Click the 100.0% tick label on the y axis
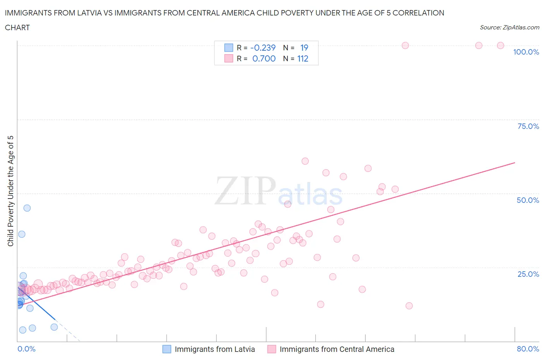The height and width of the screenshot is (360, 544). [526, 52]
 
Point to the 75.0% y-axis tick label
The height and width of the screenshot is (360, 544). [528, 126]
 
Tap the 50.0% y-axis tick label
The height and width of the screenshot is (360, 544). [528, 200]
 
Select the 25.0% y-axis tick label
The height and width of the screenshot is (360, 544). [528, 274]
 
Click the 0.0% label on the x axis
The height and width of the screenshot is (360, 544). [26, 349]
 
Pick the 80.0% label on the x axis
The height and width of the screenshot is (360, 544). [528, 349]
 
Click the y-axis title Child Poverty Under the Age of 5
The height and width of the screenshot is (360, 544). [10, 191]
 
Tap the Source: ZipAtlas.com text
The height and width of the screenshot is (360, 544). [509, 27]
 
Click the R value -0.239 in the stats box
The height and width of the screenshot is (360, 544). [263, 48]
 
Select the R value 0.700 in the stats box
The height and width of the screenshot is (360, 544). [264, 58]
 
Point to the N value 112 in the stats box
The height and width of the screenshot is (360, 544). [303, 58]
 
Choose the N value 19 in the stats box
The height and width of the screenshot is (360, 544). [304, 48]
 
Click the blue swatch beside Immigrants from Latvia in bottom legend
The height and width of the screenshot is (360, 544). [166, 349]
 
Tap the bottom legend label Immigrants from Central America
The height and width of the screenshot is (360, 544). [337, 349]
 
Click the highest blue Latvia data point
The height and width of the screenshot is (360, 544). [27, 208]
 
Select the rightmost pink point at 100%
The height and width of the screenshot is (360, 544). [500, 45]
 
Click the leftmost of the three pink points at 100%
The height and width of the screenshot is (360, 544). [405, 45]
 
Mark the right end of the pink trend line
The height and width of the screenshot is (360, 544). [515, 163]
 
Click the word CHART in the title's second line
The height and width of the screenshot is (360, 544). [17, 27]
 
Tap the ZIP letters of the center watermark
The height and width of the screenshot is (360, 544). [245, 191]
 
